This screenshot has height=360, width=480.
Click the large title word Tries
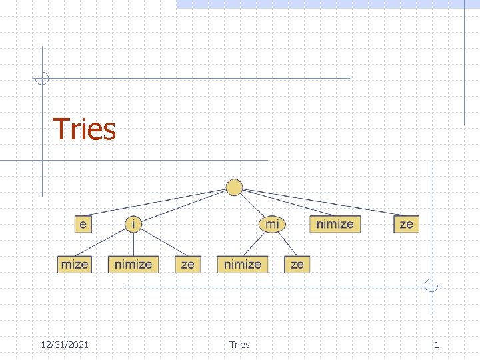84,129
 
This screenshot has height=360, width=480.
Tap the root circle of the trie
234,187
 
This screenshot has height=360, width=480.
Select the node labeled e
83,224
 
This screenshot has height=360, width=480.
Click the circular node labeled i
133,224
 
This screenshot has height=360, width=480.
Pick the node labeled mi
272,224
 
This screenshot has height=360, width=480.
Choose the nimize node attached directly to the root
335,224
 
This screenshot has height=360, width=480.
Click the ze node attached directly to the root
406,224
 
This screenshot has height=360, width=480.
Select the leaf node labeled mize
74,264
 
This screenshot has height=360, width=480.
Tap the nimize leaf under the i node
133,264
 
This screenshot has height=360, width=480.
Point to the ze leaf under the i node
188,264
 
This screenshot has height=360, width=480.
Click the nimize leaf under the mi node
243,264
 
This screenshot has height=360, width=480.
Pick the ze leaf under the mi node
297,264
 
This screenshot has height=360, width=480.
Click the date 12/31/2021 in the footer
65,345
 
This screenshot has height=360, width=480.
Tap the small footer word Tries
239,345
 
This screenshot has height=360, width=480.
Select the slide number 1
437,345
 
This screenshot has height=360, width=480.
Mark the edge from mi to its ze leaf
285,244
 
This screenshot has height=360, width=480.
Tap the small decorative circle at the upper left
42,78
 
